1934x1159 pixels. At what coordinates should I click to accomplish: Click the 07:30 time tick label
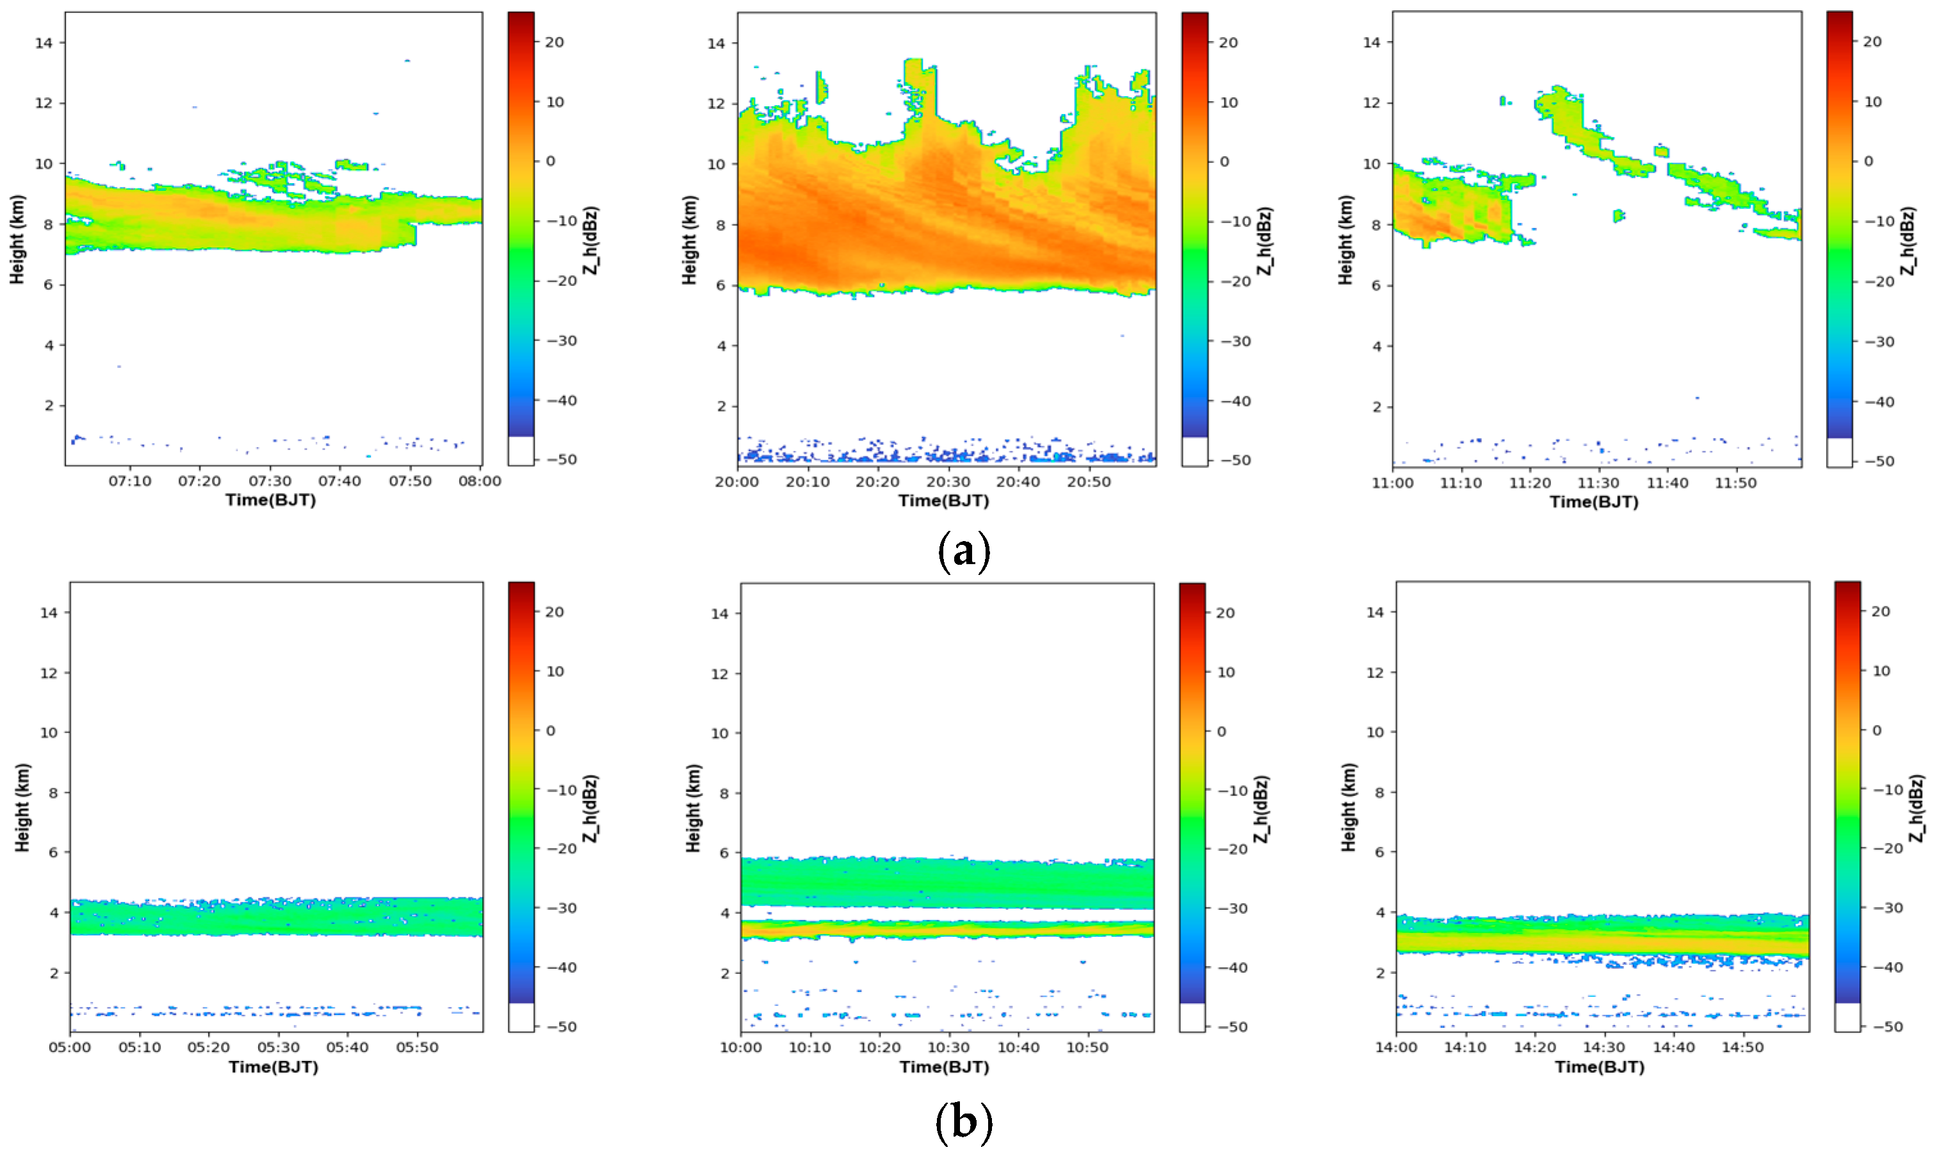tap(270, 481)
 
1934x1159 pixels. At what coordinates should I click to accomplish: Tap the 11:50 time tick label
tap(1735, 483)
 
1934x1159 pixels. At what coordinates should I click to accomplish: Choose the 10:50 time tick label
tap(1087, 1048)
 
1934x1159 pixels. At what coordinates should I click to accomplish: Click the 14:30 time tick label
tap(1603, 1048)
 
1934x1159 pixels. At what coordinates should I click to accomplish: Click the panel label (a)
tap(963, 551)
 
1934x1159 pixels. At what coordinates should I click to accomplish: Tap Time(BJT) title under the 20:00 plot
tap(943, 501)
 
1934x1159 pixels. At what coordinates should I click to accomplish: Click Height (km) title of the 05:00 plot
tap(22, 807)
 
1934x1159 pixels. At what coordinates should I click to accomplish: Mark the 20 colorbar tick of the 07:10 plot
tap(554, 42)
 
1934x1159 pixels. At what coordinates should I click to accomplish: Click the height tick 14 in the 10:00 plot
tap(719, 614)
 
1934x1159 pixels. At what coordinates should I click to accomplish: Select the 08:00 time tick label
tap(479, 481)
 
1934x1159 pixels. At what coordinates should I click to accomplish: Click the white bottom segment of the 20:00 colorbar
tap(1194, 451)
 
